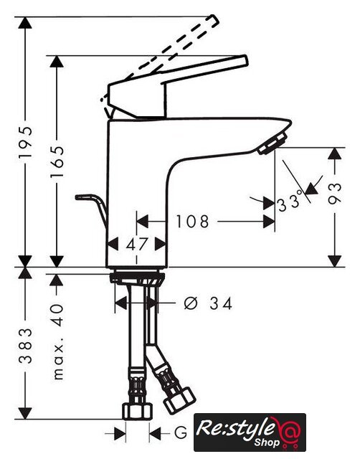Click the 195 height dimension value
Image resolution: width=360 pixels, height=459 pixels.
[25, 142]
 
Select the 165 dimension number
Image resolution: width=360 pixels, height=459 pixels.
[57, 161]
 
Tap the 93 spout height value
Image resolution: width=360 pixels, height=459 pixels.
[334, 193]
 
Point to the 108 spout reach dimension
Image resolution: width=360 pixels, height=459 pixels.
[192, 222]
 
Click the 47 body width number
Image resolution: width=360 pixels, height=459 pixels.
[136, 244]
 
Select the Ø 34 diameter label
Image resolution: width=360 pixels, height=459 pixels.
[208, 303]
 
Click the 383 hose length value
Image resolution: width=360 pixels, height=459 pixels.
[25, 346]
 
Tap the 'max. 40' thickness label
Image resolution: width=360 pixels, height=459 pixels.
[57, 342]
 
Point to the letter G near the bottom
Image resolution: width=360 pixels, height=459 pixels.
[181, 432]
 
